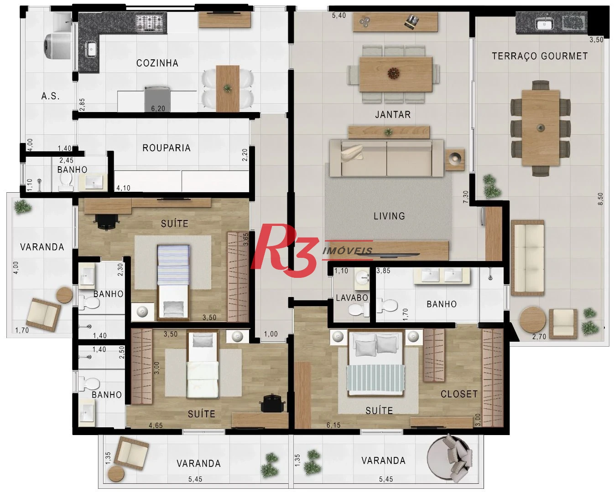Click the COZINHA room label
pos(157,63)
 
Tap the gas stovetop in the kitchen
pos(151,23)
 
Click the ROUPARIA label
pos(167,148)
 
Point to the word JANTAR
pos(393,114)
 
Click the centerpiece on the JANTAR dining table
pos(394,73)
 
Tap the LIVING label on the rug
pos(390,216)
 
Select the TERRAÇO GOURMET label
pos(540,56)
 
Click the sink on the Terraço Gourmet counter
pos(544,24)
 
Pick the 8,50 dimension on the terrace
pos(600,199)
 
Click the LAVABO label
pos(352,298)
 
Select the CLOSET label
pos(459,394)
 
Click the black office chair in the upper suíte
pos(106,221)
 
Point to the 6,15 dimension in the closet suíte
pos(333,425)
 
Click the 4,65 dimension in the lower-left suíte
pos(156,425)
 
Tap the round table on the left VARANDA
pos(64,295)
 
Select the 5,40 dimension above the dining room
pos(338,15)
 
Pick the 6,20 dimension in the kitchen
pos(158,108)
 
